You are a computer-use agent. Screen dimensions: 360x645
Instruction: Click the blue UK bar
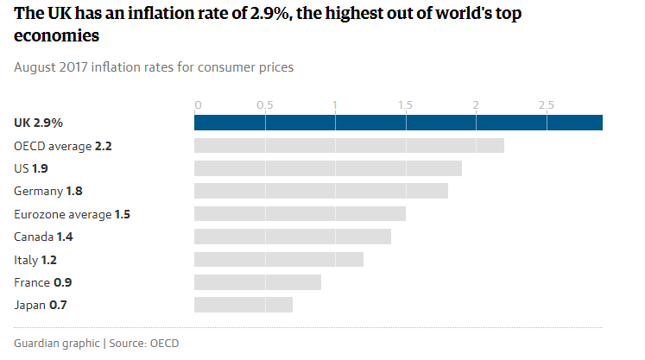[398, 123]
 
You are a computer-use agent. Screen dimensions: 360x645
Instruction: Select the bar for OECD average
[349, 145]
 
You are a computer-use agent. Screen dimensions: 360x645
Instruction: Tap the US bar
[328, 167]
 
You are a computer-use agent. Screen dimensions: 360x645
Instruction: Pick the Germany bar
[321, 190]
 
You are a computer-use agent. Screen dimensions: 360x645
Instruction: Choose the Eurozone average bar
[300, 213]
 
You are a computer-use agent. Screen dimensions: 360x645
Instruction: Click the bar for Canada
[293, 236]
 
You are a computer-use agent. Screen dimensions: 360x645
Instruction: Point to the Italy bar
[279, 259]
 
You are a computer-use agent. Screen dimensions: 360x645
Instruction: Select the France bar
[257, 281]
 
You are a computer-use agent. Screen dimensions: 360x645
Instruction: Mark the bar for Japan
[243, 304]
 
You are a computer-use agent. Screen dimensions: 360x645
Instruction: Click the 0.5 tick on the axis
[265, 105]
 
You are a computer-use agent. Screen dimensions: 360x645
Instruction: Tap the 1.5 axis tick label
[406, 105]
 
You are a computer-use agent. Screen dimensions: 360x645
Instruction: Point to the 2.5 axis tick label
[547, 105]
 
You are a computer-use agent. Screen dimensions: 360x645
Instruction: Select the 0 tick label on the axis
[198, 105]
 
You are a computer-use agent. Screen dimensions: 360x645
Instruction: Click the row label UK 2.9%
[39, 123]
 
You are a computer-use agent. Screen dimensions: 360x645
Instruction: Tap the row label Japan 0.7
[41, 305]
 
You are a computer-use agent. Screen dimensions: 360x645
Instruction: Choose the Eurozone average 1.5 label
[73, 214]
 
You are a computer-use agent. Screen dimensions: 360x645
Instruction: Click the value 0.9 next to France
[63, 282]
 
